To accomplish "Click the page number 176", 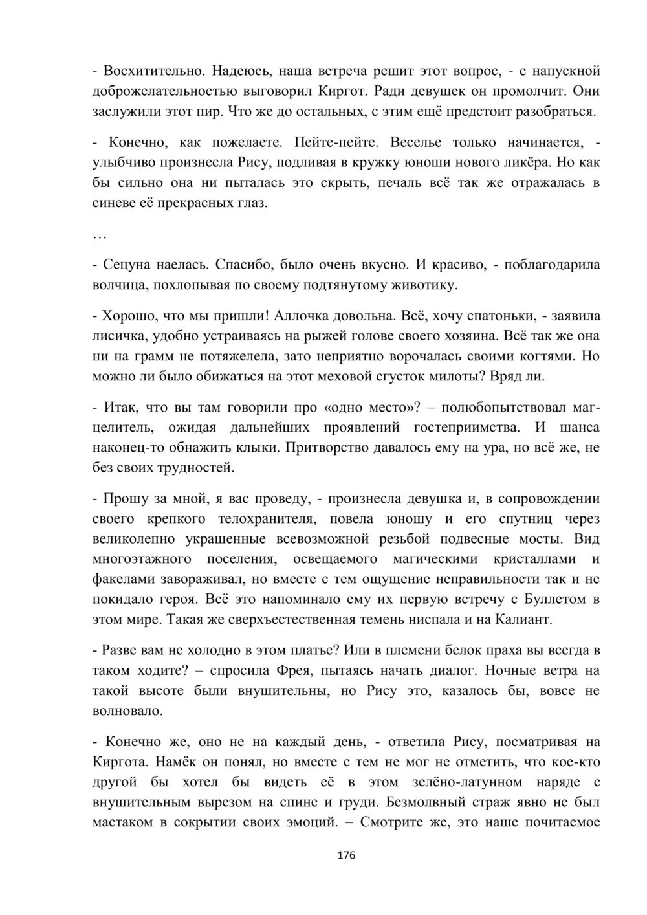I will click(x=347, y=855).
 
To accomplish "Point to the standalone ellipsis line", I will click(x=100, y=234).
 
